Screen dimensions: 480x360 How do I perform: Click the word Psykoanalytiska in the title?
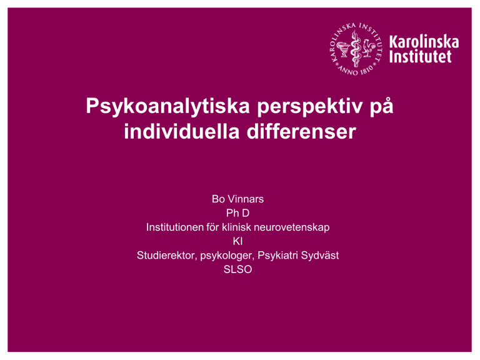(167, 106)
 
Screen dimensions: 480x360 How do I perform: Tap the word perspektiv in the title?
(310, 107)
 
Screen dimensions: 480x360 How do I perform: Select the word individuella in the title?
(181, 131)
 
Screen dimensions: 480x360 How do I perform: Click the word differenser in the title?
(301, 131)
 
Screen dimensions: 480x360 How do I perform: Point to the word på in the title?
(381, 106)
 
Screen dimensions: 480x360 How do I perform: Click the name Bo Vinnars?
(237, 199)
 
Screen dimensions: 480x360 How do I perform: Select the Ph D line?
(237, 213)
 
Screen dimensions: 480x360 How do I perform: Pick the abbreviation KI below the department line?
(237, 241)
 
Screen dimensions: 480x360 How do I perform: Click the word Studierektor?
(166, 256)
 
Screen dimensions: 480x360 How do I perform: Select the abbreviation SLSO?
(237, 269)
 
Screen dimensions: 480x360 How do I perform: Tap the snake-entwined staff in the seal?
(356, 49)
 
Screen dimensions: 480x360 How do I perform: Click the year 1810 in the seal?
(366, 69)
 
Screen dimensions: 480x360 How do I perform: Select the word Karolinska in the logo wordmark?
(424, 42)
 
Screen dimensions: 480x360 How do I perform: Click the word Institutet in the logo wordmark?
(420, 57)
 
